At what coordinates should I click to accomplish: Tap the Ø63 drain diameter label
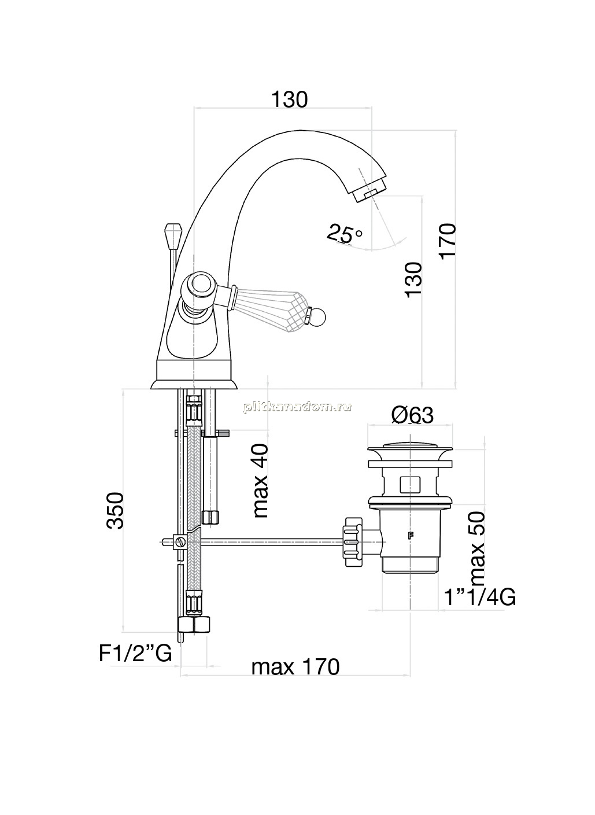point(412,415)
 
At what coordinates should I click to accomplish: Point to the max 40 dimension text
point(261,480)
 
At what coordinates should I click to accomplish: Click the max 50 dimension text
point(477,548)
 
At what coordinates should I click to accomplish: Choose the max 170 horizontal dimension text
point(295,667)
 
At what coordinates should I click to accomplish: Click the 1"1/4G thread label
point(480,598)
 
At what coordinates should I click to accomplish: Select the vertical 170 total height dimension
point(447,241)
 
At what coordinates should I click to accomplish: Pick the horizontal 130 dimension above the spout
point(290,99)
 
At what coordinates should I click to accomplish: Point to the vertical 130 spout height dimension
point(414,279)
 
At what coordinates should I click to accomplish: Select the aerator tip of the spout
point(369,187)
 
